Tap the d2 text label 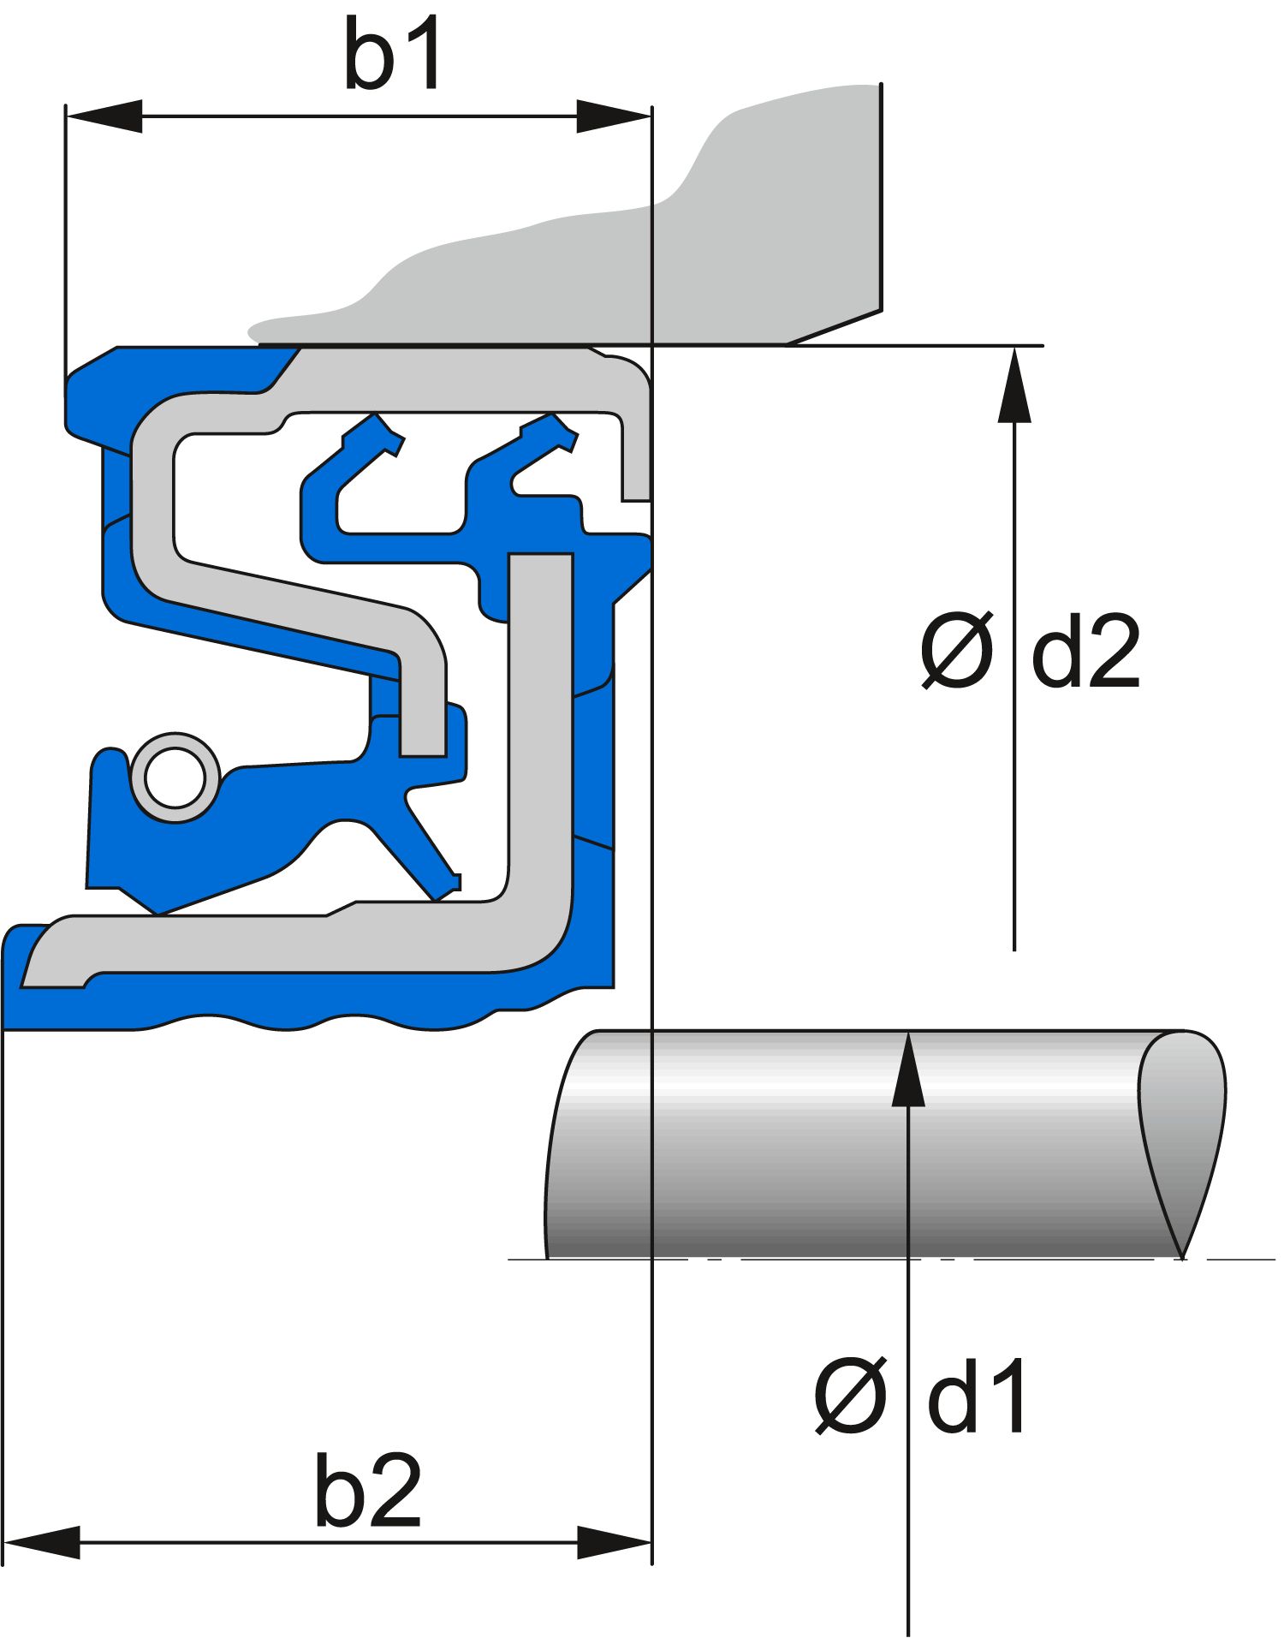click(1085, 652)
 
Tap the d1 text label click(976, 1397)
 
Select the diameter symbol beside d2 click(957, 651)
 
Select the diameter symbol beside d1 click(850, 1396)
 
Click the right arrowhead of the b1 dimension click(613, 116)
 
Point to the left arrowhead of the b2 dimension click(41, 1543)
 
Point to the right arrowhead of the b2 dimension click(613, 1543)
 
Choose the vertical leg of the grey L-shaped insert click(540, 728)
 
